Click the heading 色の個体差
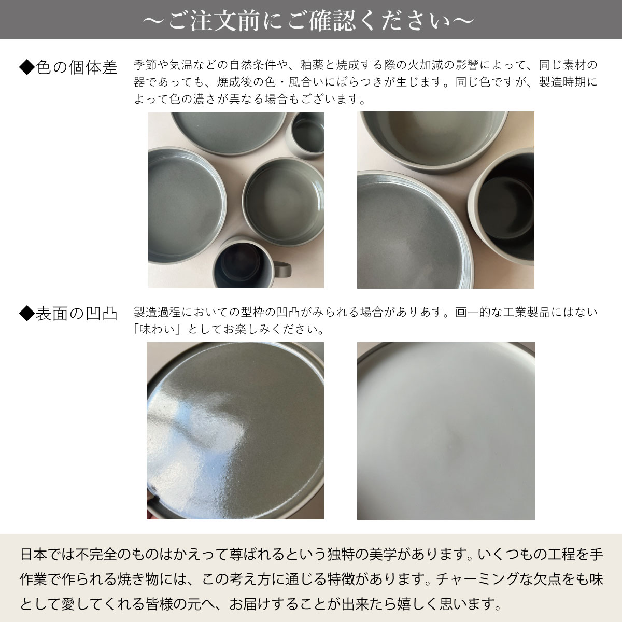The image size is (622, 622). point(76,67)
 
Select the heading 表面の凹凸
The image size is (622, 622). point(76,314)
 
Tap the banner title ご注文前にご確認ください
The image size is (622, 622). point(309,21)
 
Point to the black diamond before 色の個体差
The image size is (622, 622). point(27,67)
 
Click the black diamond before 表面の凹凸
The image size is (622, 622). point(27,314)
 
